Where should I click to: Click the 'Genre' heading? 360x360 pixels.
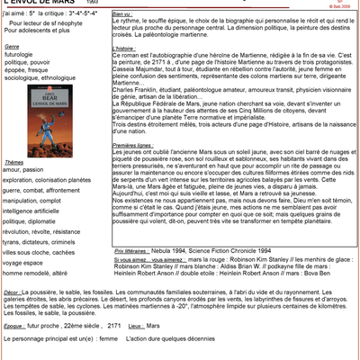pos(13,43)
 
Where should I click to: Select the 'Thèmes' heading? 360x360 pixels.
pos(14,161)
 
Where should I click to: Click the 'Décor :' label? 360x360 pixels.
pos(13,292)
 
